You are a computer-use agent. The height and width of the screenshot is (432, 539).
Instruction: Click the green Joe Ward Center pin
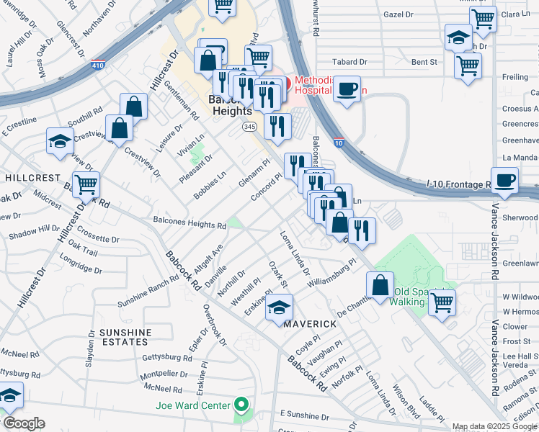click(x=242, y=405)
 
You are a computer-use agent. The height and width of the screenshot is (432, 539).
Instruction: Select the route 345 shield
click(x=249, y=127)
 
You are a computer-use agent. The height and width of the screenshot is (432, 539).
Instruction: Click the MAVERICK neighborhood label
click(x=309, y=324)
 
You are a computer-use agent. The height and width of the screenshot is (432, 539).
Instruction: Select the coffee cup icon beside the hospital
click(x=347, y=89)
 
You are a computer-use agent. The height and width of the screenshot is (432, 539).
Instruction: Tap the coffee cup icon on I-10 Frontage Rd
click(x=504, y=180)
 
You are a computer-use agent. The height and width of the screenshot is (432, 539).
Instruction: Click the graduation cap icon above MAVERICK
click(x=280, y=307)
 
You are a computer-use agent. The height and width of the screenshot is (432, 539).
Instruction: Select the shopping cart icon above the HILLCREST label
click(x=86, y=184)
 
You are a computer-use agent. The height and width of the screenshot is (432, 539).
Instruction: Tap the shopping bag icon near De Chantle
click(x=380, y=284)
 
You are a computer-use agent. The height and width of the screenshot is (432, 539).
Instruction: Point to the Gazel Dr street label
click(x=398, y=14)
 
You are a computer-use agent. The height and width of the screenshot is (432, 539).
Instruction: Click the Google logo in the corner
click(x=24, y=423)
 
